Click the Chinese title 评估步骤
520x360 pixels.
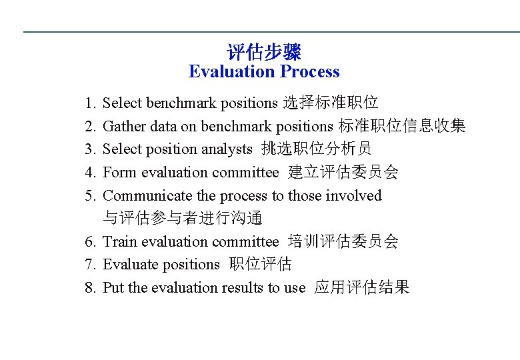click(264, 51)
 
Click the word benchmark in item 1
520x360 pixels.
click(181, 103)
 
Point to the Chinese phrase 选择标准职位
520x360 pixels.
click(331, 103)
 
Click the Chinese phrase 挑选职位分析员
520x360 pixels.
click(317, 149)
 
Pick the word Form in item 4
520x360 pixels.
click(119, 173)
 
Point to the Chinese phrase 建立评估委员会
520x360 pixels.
click(343, 172)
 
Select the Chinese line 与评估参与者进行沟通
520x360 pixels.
click(183, 218)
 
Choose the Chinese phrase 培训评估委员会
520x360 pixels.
click(343, 241)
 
